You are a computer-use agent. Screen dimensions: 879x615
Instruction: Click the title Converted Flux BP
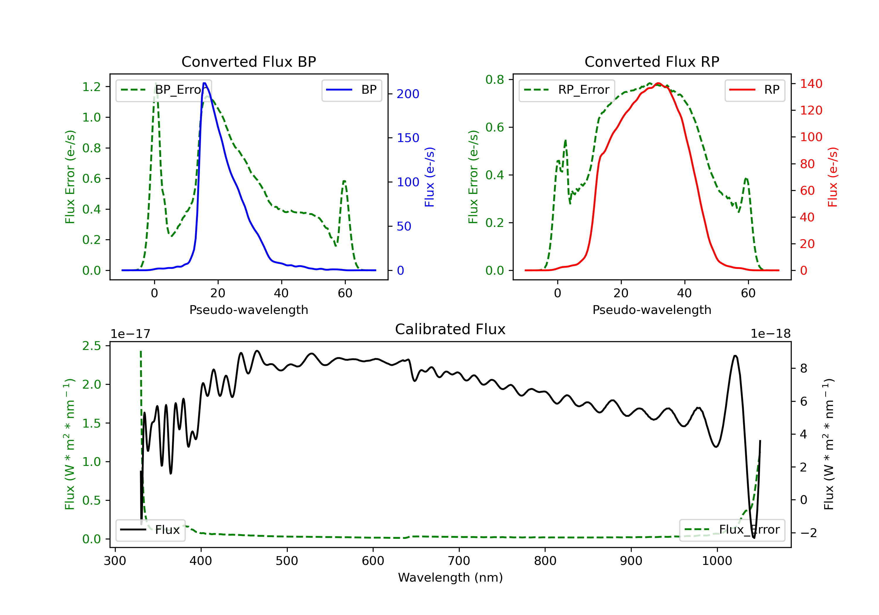point(248,61)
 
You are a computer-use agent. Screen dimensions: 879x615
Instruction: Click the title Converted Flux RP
point(652,61)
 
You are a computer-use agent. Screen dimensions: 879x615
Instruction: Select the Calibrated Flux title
point(450,329)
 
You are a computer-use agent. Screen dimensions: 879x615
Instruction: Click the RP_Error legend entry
point(567,90)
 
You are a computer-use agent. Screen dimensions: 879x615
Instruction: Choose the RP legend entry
point(754,90)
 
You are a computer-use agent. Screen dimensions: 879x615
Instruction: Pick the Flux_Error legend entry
point(732,530)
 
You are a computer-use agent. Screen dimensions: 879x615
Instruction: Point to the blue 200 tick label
point(408,94)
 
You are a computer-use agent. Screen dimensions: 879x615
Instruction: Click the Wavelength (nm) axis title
point(450,578)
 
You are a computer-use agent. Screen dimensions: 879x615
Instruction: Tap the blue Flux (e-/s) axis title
point(430,177)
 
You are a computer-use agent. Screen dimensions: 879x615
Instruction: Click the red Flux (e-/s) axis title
point(833,177)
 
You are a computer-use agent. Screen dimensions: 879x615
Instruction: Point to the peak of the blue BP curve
point(205,83)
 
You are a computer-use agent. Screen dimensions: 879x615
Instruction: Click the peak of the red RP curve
point(658,83)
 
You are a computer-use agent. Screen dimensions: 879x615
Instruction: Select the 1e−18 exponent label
point(770,334)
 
